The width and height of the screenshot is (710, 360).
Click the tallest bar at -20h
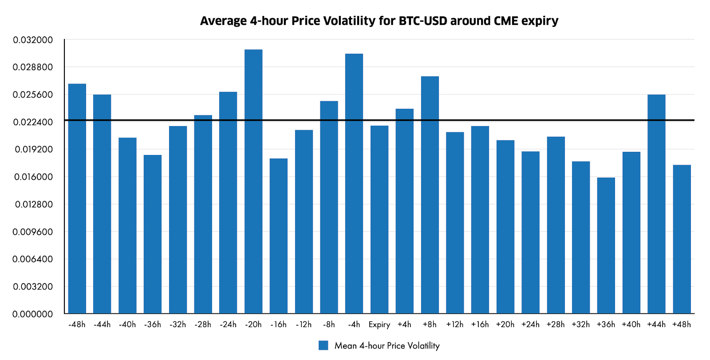253,182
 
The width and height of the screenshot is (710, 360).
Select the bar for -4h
354,184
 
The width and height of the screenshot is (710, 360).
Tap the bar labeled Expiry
379,220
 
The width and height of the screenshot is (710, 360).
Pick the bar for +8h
430,195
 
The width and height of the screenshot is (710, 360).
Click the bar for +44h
656,204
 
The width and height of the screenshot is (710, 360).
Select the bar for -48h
77,199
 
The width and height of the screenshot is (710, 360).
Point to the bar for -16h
279,236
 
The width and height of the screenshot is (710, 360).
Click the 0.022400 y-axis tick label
33,122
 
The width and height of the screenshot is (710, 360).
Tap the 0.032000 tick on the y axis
33,40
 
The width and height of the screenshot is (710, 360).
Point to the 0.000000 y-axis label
33,314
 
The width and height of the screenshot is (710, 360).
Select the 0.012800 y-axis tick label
33,205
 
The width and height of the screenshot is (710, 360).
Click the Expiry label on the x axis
379,324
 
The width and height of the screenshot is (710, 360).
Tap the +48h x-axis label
682,324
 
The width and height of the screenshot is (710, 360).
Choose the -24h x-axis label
228,324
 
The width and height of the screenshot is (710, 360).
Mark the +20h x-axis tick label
505,324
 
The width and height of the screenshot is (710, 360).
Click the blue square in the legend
323,346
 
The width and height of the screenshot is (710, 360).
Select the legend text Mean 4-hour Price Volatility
387,346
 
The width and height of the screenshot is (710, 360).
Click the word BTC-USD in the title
423,21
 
